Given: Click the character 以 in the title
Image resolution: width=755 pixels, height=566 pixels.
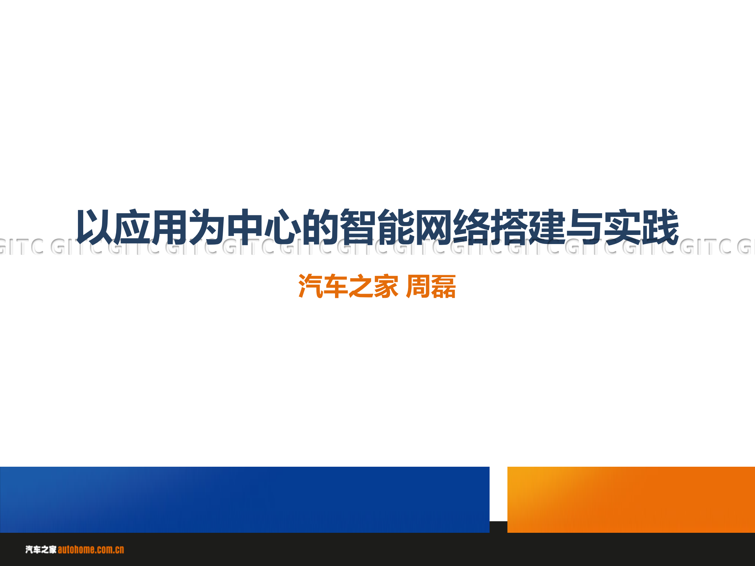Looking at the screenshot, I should (94, 227).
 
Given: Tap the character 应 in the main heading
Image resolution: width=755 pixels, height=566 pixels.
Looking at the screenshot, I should (132, 227).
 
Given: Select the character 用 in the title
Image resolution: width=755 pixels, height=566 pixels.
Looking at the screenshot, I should (170, 227).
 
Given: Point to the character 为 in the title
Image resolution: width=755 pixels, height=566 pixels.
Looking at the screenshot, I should (208, 227).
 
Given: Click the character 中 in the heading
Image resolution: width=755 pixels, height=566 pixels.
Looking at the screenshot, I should (245, 227).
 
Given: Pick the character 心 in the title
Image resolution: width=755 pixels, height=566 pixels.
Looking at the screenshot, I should (283, 227).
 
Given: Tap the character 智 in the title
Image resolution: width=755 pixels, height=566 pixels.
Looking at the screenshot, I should (359, 227).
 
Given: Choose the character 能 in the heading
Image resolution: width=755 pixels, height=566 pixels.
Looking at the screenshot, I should (397, 227).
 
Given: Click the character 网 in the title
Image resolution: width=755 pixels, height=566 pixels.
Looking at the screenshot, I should (434, 227).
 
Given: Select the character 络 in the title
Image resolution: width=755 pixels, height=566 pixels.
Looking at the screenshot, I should (472, 227).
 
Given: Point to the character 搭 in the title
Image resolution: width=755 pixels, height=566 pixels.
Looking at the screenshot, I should (510, 227).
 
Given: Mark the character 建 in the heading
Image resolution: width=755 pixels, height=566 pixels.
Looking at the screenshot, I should (548, 227).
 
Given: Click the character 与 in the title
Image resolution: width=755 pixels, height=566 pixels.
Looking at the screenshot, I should (585, 227).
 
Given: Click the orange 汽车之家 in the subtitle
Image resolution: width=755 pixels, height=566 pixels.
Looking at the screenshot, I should (348, 286).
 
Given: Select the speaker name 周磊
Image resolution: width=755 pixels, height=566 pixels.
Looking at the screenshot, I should (431, 286).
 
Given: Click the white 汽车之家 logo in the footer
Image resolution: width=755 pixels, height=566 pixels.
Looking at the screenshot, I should (41, 550).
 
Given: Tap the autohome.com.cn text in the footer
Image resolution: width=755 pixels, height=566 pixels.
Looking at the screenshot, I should (91, 550).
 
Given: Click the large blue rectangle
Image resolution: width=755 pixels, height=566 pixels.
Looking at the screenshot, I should (245, 500).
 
